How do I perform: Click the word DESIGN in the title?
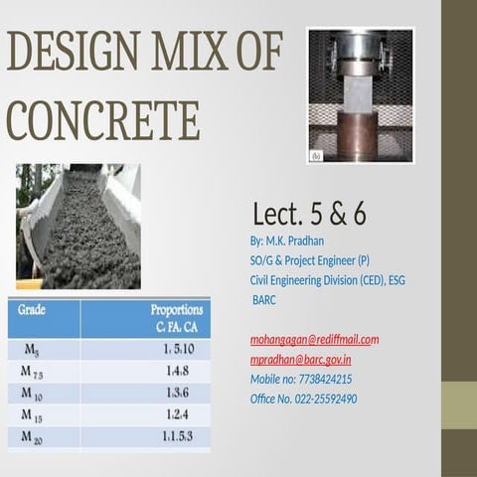[x=68, y=51]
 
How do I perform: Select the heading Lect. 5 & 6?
[x=309, y=214]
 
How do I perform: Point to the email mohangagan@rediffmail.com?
[x=314, y=339]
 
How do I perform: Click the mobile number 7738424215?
[x=301, y=379]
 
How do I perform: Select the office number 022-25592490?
[x=303, y=398]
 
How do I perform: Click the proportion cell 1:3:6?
[x=176, y=392]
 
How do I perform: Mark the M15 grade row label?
[x=32, y=413]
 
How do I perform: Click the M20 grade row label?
[x=32, y=435]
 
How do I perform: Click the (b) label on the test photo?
[x=317, y=156]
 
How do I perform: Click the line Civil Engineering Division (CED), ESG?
[x=327, y=280]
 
